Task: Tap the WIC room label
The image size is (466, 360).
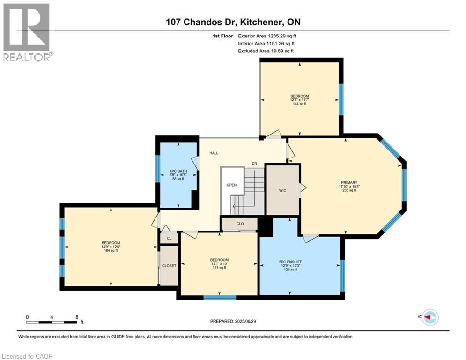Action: (282, 190)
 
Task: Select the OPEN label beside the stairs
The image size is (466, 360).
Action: (231, 185)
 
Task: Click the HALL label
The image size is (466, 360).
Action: (214, 153)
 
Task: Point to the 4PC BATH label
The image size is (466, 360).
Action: (178, 171)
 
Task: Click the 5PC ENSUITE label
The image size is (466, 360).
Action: (291, 262)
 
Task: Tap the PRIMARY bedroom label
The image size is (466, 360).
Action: (349, 182)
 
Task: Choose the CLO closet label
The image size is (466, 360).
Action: (240, 224)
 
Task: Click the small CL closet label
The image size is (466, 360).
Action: (169, 238)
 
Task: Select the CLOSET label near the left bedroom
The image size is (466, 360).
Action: (169, 266)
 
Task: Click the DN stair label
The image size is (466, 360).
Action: (254, 163)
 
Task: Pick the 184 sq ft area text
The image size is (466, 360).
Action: (111, 250)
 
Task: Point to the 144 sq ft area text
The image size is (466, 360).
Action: (300, 104)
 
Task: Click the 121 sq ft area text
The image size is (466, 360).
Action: (219, 268)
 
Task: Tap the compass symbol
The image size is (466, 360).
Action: (430, 317)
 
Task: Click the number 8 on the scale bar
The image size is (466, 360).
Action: (77, 317)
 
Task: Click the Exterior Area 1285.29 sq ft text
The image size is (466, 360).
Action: (267, 36)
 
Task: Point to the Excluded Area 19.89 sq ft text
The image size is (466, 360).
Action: (266, 51)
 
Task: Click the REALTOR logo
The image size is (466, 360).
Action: (28, 32)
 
